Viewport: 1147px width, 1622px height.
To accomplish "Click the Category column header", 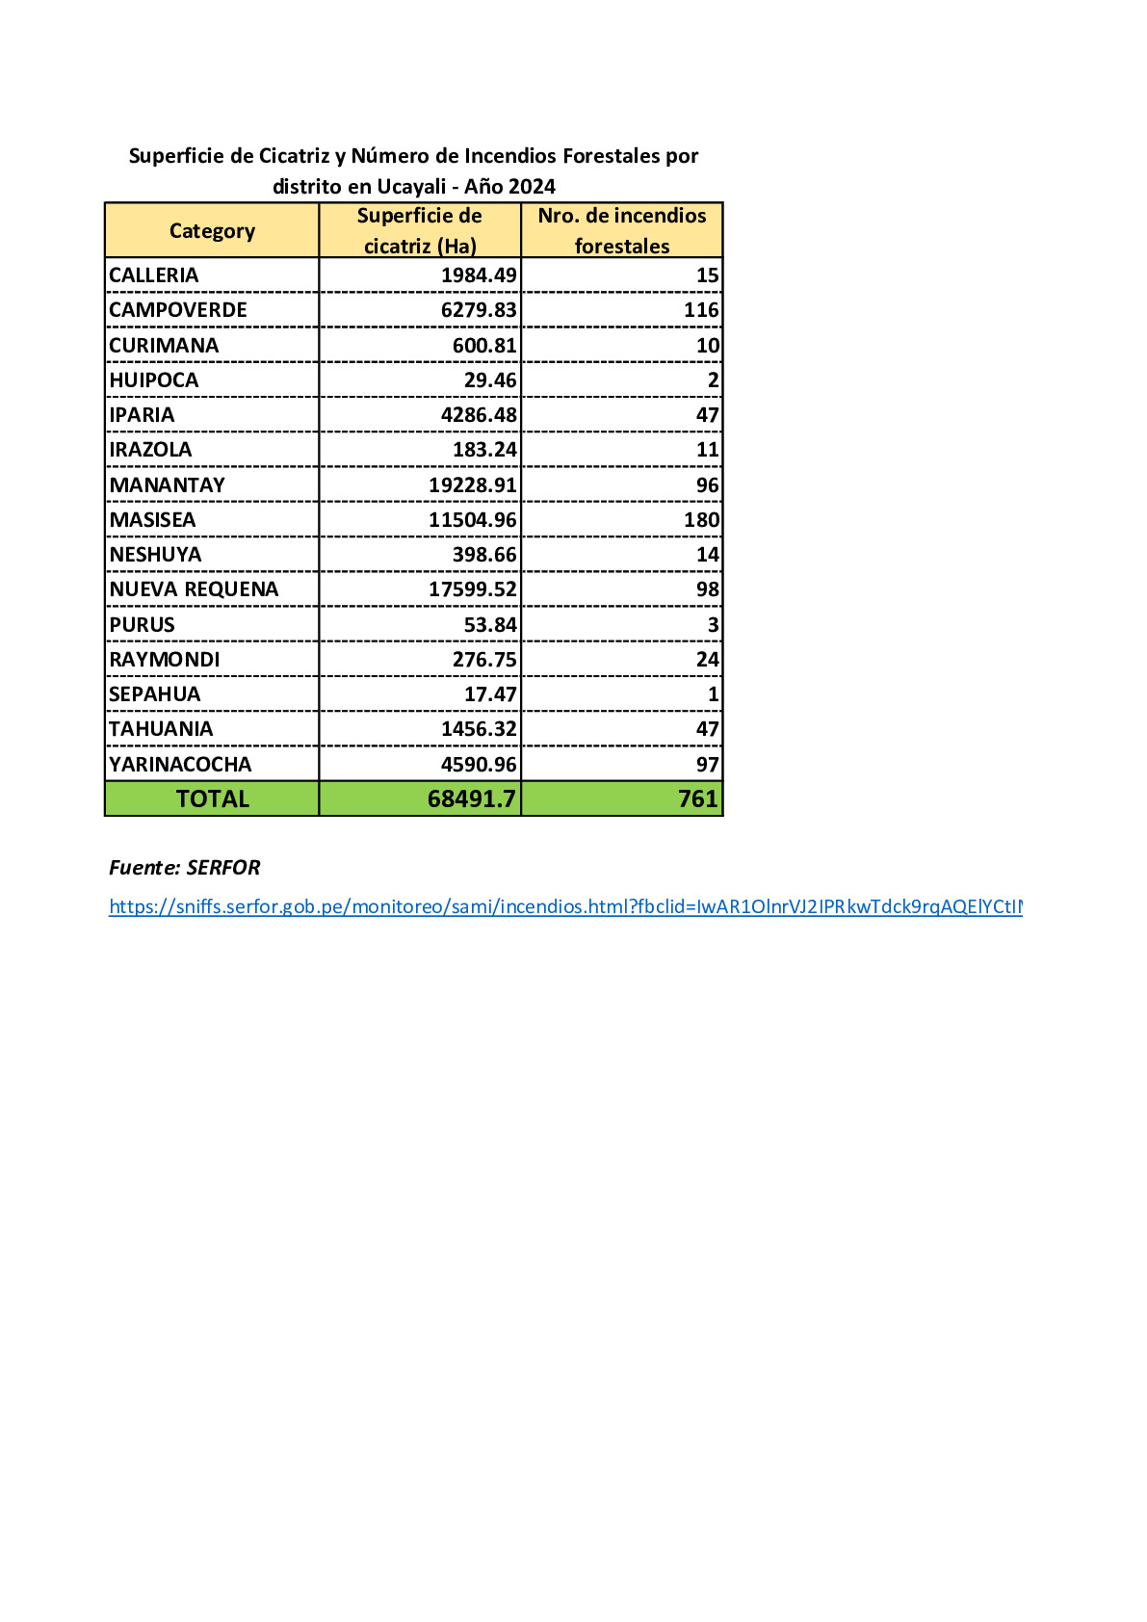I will tap(212, 231).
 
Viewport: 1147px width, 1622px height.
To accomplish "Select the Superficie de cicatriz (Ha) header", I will tap(420, 231).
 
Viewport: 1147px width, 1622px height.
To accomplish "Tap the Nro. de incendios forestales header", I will tap(622, 231).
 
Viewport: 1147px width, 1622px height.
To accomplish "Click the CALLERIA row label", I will tap(154, 275).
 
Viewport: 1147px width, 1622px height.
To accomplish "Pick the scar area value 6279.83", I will tap(479, 310).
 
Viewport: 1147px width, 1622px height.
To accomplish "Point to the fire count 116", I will tap(701, 310).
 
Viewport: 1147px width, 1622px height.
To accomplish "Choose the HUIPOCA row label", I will tap(154, 380).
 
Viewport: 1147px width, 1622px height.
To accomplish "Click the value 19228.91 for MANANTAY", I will tap(473, 485).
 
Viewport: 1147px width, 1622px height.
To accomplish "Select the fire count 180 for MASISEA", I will tap(701, 520).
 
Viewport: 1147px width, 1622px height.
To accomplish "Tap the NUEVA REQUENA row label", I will tap(194, 589).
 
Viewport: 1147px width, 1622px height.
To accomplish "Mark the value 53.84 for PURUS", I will tap(490, 625).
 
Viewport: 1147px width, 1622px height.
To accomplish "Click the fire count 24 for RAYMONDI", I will tap(707, 660).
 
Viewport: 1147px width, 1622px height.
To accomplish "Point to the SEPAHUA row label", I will tap(155, 694).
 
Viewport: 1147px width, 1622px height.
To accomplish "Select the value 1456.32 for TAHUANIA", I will tap(479, 729).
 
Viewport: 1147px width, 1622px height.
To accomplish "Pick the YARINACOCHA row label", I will tap(180, 765).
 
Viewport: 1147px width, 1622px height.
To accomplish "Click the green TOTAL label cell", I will tap(212, 799).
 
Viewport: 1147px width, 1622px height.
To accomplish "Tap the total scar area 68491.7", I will tap(472, 799).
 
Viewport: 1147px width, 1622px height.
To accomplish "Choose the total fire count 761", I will tap(697, 799).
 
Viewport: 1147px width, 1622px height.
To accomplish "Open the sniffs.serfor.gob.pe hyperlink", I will tap(565, 906).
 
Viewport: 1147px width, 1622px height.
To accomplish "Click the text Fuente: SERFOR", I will tap(185, 868).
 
